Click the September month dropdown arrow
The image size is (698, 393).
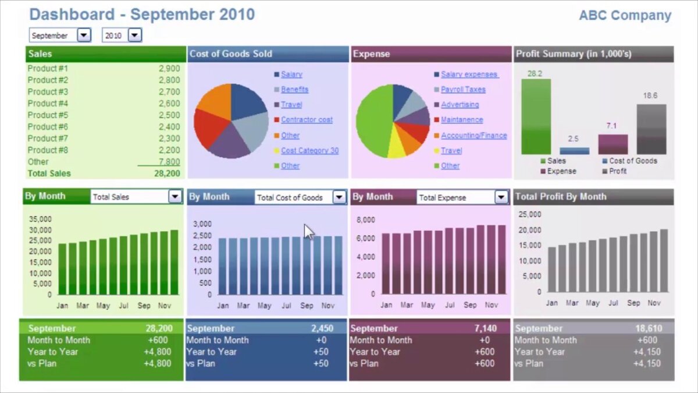pyautogui.click(x=84, y=36)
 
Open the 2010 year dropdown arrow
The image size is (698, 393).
pyautogui.click(x=135, y=36)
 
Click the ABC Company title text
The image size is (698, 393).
pyautogui.click(x=625, y=16)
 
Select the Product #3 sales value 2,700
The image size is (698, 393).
pyautogui.click(x=169, y=92)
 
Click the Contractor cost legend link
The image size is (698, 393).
pyautogui.click(x=307, y=120)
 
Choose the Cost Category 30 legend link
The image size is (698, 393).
pyautogui.click(x=309, y=151)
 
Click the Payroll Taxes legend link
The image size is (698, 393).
pyautogui.click(x=463, y=90)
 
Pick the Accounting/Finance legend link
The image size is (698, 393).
pyautogui.click(x=473, y=136)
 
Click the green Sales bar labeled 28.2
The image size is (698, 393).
pyautogui.click(x=536, y=116)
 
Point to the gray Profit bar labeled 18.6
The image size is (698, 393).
pyautogui.click(x=651, y=129)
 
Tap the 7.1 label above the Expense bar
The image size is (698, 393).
pyautogui.click(x=611, y=126)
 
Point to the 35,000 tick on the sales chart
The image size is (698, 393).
pyautogui.click(x=40, y=219)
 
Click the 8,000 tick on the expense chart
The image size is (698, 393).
pyautogui.click(x=365, y=220)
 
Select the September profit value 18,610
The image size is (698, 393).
pyautogui.click(x=649, y=328)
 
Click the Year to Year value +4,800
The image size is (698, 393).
pyautogui.click(x=158, y=352)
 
